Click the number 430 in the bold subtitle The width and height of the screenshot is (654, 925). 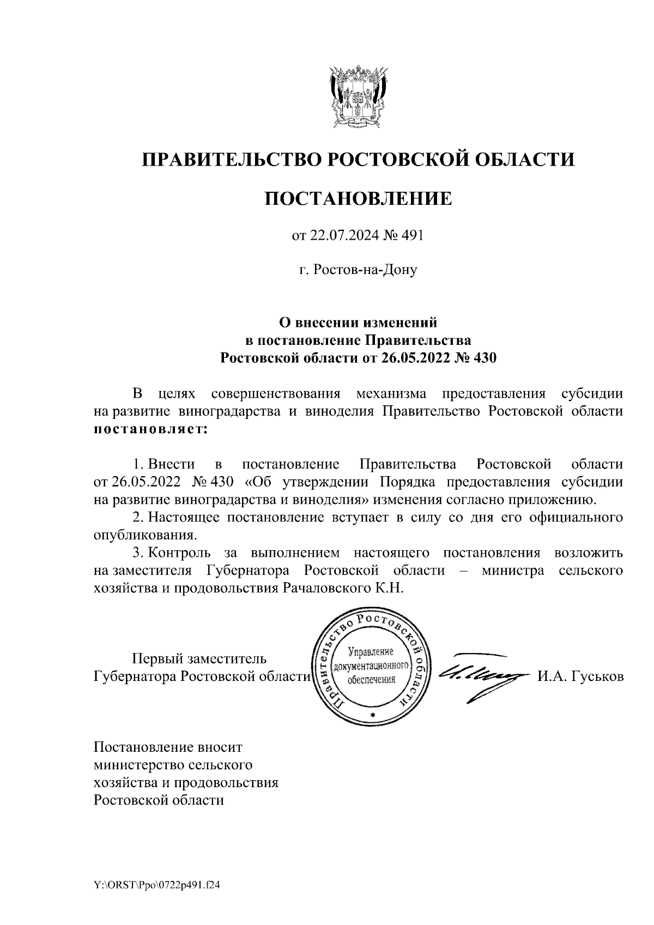point(485,358)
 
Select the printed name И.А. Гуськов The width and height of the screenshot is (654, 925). point(580,677)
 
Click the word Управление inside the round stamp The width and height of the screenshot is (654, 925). point(371,651)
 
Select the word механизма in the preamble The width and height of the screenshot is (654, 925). point(391,393)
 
